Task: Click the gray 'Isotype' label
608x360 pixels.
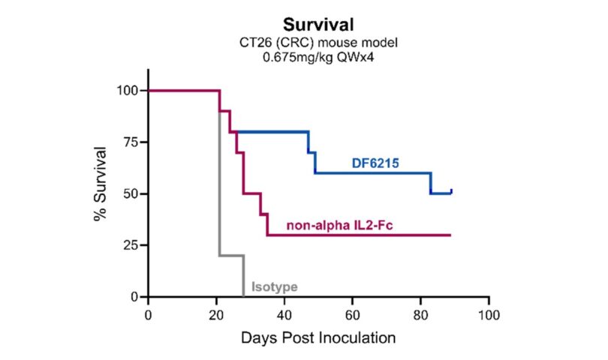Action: click(x=275, y=286)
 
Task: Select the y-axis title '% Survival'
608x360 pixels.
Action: click(x=99, y=184)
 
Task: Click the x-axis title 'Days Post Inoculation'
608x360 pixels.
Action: click(x=318, y=337)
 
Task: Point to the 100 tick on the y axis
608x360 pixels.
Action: click(x=128, y=91)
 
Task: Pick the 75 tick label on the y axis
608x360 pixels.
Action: click(x=132, y=142)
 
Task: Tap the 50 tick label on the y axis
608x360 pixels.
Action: click(x=132, y=194)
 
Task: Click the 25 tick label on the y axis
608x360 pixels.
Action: click(x=132, y=245)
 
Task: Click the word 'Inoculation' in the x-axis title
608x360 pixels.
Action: click(x=354, y=337)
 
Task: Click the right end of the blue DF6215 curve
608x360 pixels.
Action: click(x=451, y=190)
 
